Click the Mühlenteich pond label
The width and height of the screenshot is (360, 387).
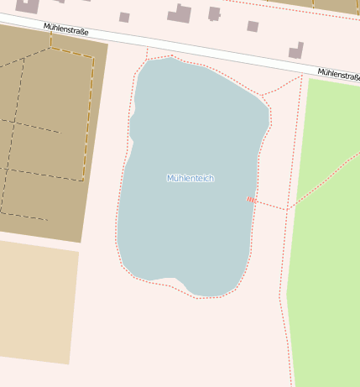[190, 178]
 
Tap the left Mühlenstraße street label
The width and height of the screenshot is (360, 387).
[66, 31]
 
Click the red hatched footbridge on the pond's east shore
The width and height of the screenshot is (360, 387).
[251, 200]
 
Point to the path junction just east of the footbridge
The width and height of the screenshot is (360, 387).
[287, 209]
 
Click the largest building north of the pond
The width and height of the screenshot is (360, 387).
[180, 13]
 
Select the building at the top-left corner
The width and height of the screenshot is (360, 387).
[27, 6]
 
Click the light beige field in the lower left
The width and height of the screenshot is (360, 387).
[38, 302]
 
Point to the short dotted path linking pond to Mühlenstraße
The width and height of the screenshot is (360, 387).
[147, 54]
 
